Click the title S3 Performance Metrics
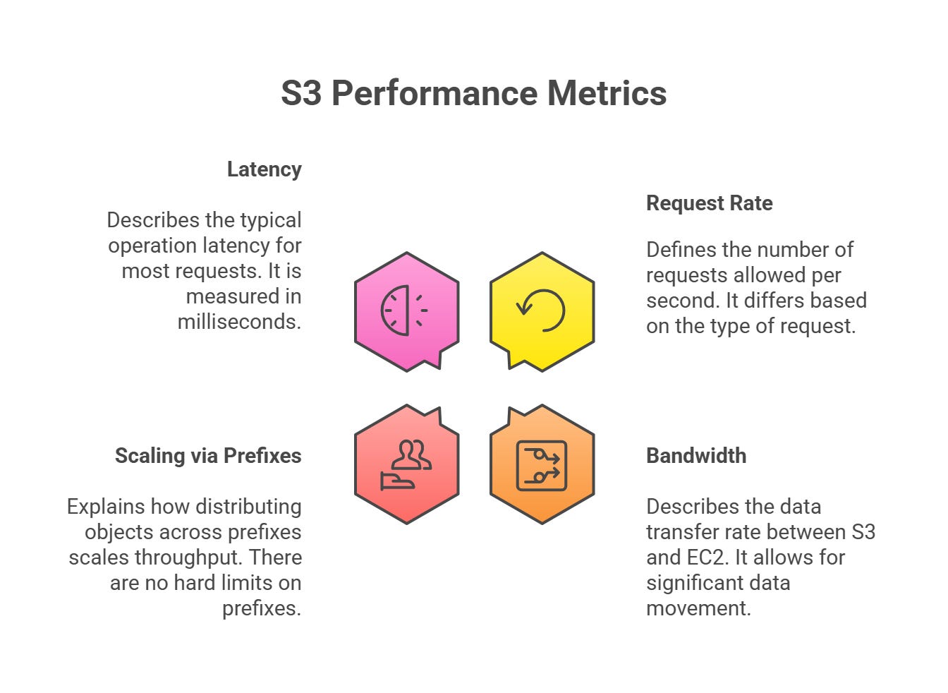click(473, 93)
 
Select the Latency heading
click(264, 169)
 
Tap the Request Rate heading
click(709, 203)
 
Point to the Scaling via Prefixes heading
click(208, 456)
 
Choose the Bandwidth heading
click(696, 456)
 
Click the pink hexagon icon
click(407, 311)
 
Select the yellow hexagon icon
click(542, 311)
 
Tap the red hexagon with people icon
click(407, 464)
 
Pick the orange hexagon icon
click(542, 464)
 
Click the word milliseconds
click(239, 322)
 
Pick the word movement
click(698, 608)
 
